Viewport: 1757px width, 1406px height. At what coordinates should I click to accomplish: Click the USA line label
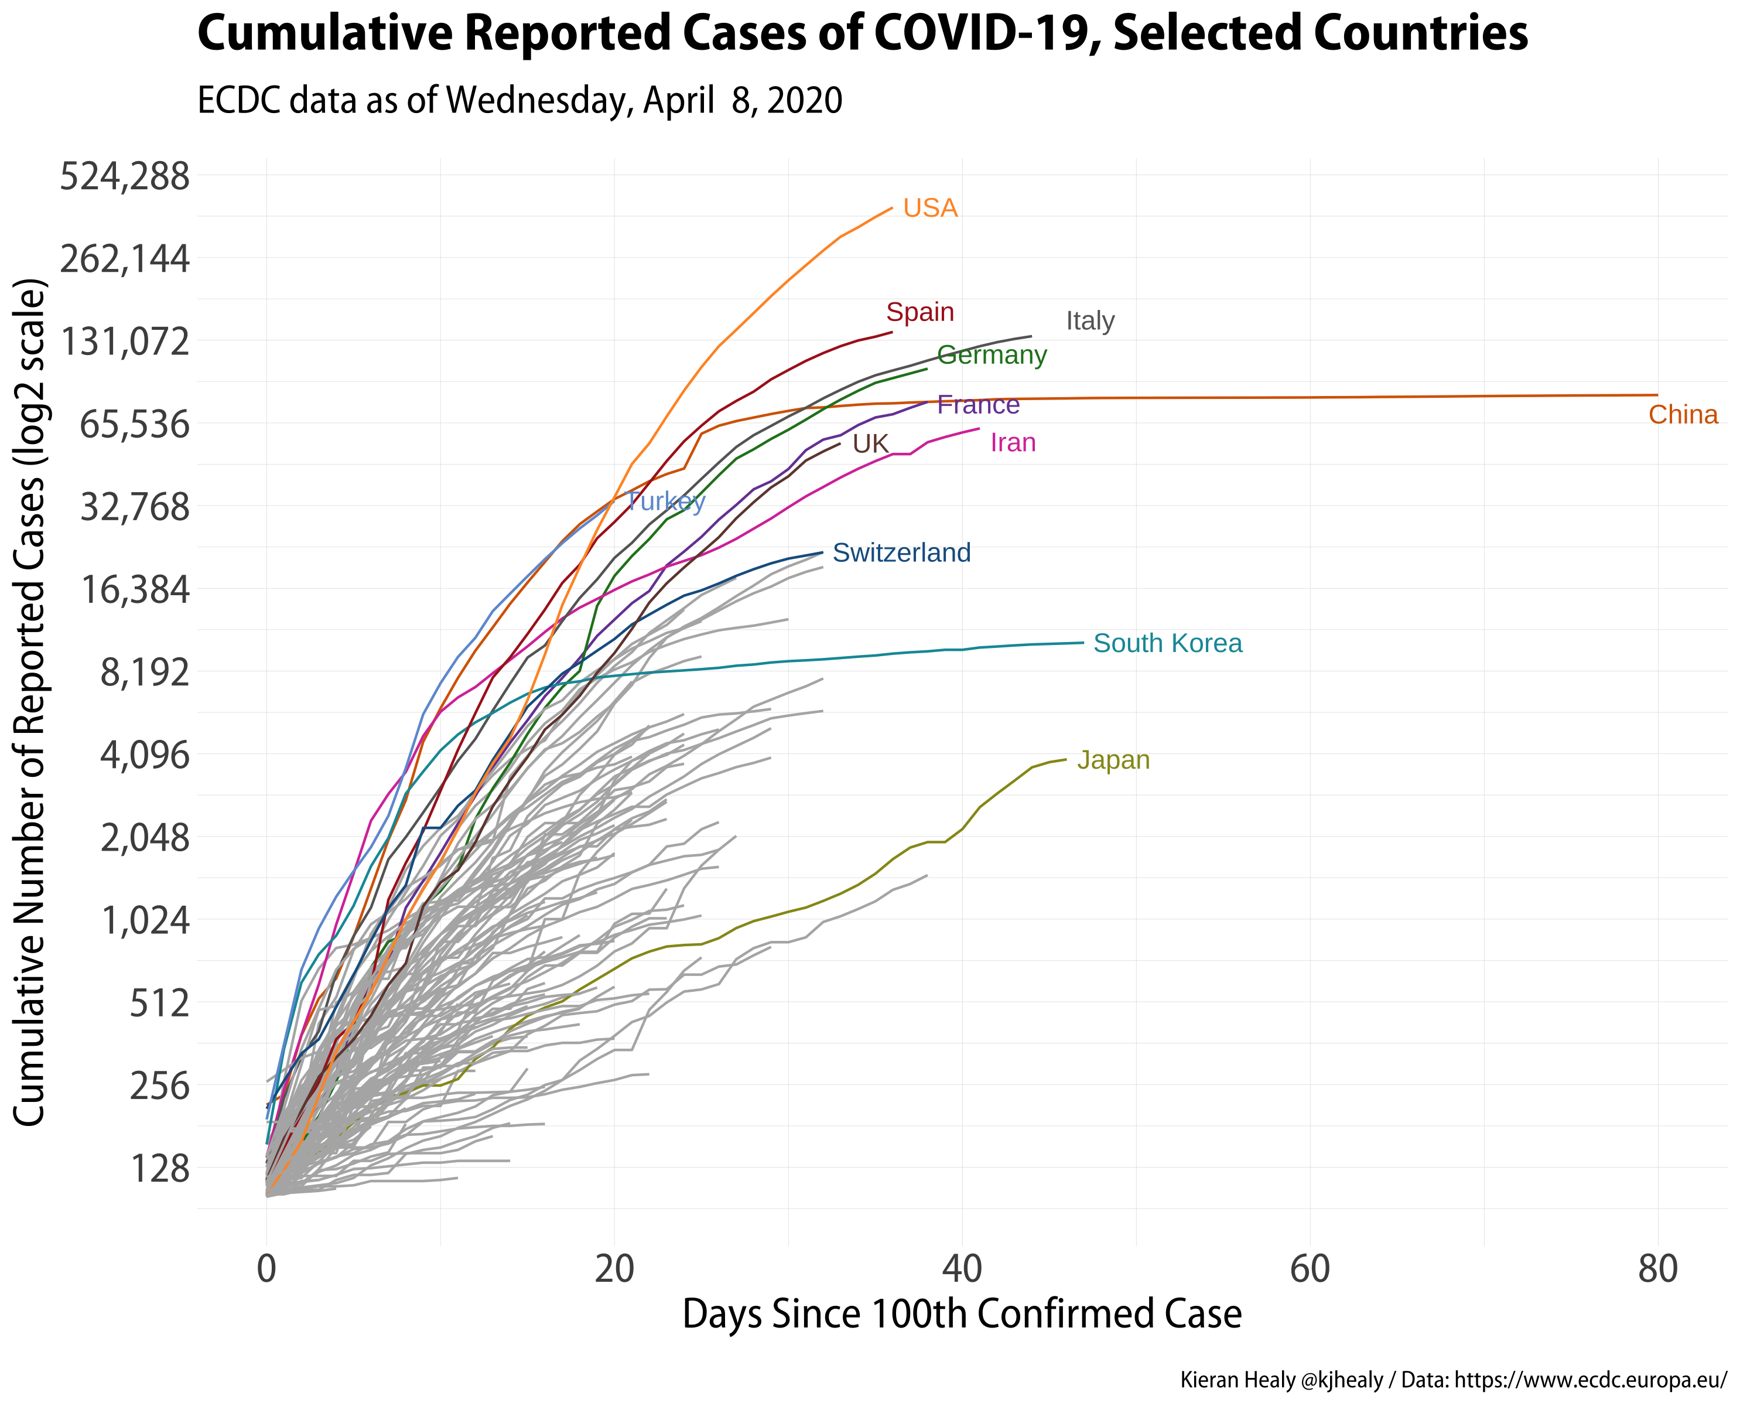(930, 209)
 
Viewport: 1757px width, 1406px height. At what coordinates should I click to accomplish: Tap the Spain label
(920, 312)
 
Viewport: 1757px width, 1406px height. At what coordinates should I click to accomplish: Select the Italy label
(1091, 321)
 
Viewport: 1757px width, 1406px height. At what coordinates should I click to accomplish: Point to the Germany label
(992, 356)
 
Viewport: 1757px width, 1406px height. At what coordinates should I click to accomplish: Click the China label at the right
(1683, 415)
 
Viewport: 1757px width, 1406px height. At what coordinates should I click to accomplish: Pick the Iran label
(1013, 442)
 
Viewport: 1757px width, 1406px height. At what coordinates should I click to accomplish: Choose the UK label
(870, 444)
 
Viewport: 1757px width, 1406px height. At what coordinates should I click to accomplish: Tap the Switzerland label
(901, 552)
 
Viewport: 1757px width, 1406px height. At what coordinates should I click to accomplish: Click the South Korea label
(1168, 643)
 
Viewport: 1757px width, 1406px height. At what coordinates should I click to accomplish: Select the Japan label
(1113, 760)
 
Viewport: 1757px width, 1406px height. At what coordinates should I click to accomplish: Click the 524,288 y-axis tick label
(125, 176)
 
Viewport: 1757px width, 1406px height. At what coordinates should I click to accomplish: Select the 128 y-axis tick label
(160, 1169)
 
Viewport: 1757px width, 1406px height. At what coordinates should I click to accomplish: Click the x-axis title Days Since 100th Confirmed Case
(962, 1314)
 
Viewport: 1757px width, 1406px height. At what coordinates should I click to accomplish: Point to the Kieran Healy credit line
(1453, 1380)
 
